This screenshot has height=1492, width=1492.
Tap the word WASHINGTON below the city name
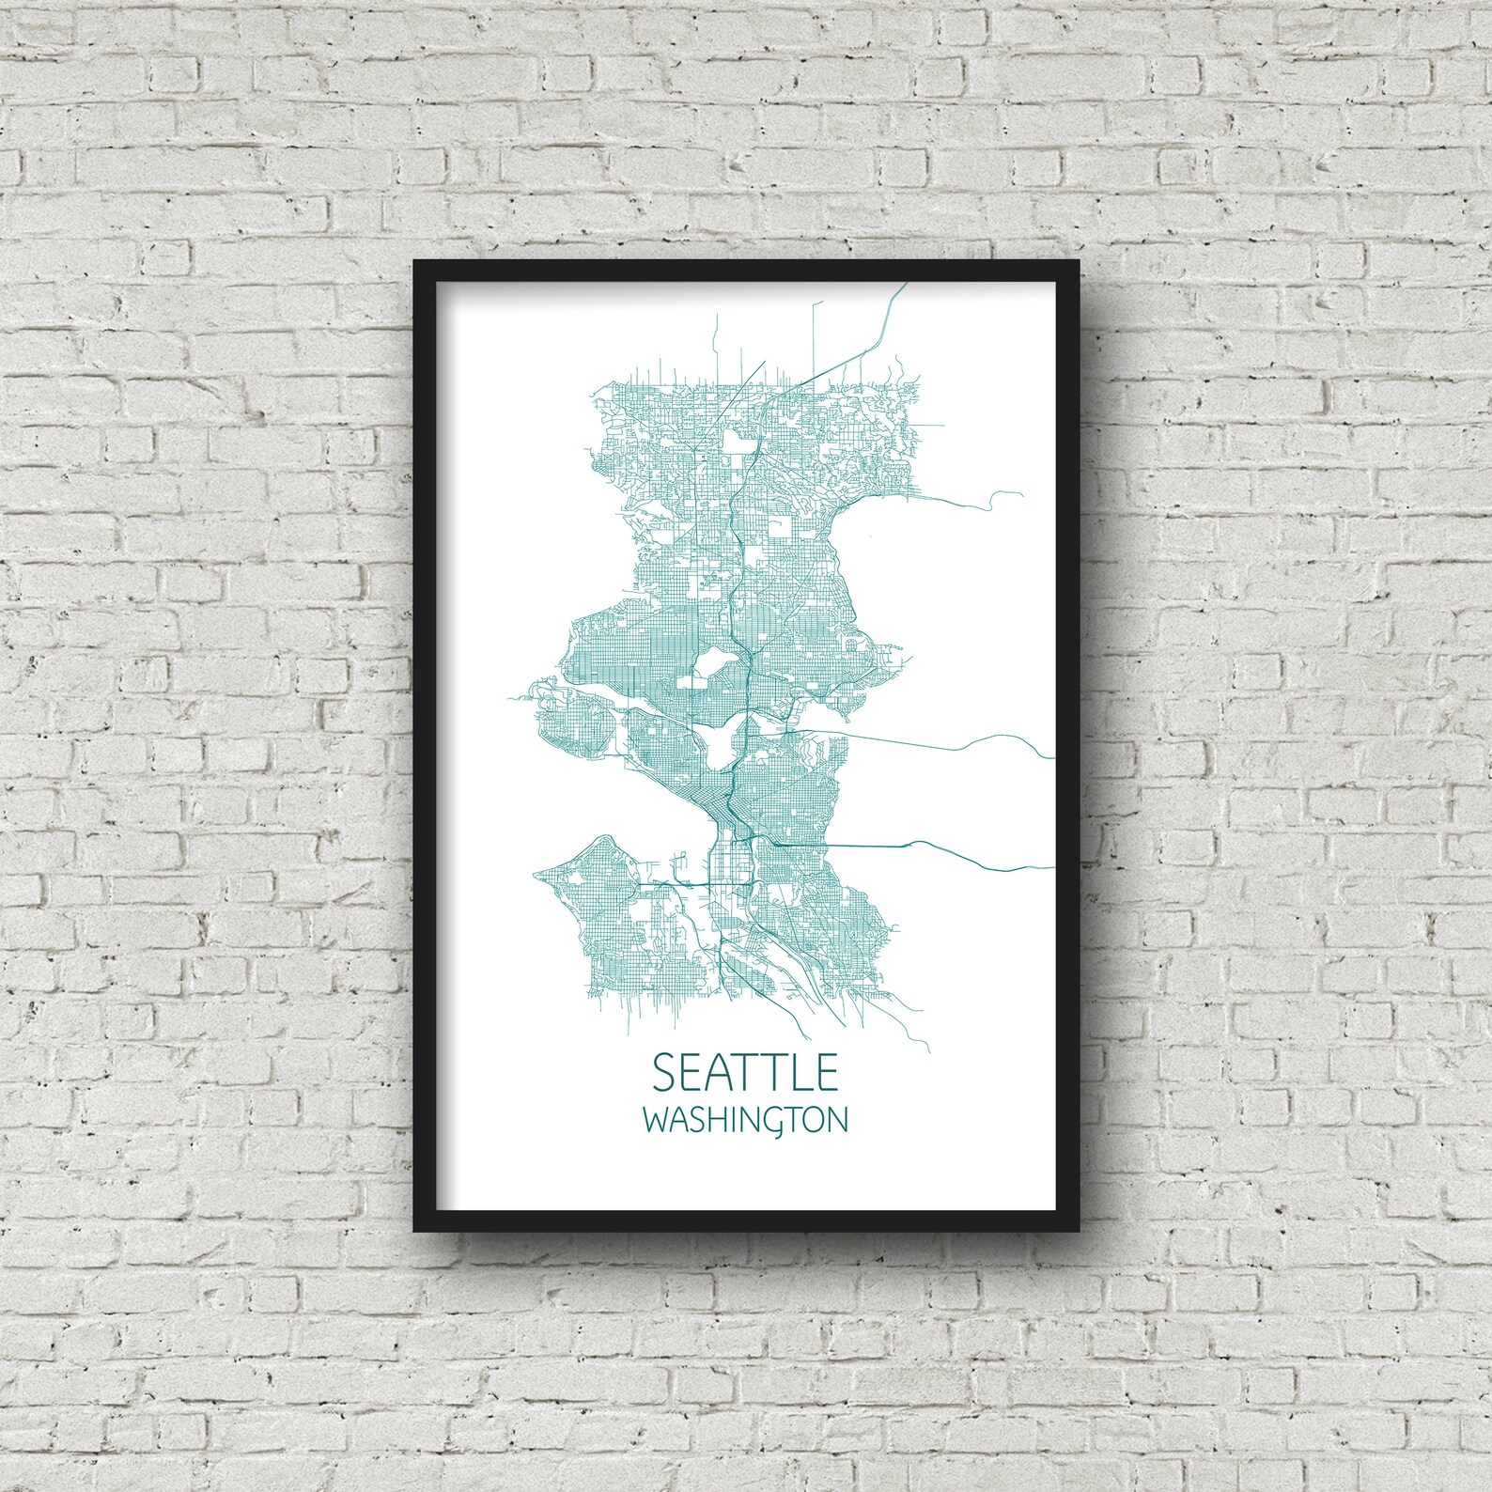click(745, 1121)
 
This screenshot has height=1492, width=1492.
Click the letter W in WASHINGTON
click(655, 1121)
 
